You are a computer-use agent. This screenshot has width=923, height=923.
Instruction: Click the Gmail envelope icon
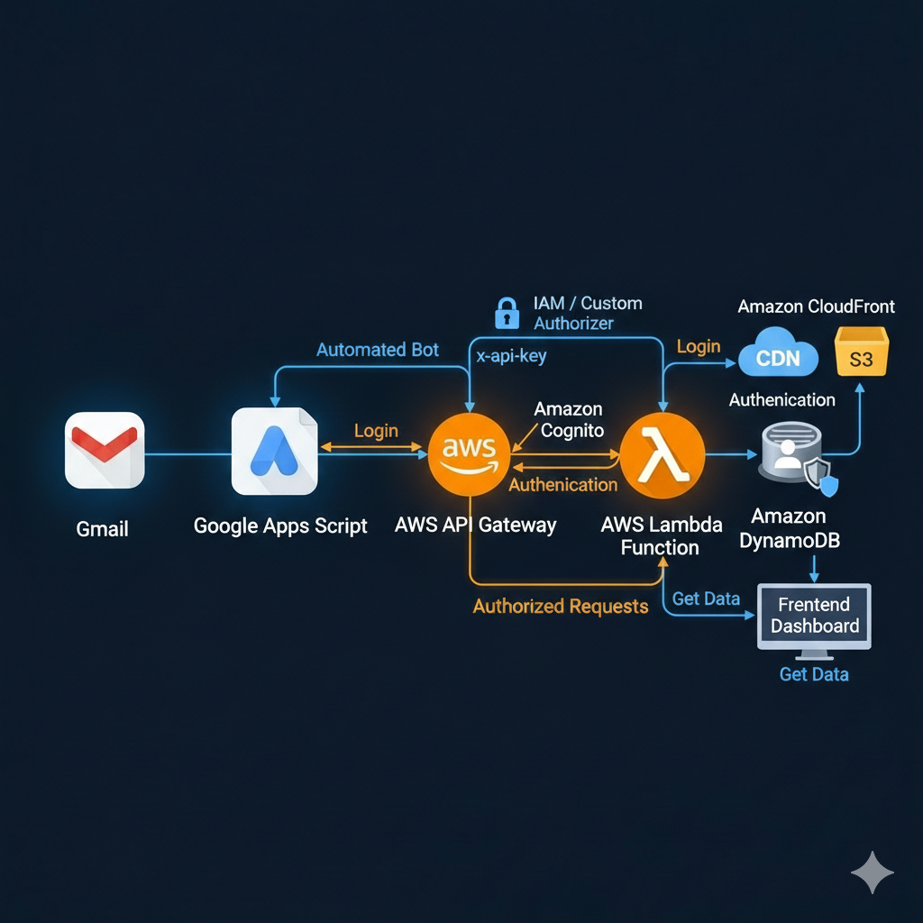click(x=105, y=450)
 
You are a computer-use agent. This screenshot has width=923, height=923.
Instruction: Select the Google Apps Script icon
click(x=274, y=451)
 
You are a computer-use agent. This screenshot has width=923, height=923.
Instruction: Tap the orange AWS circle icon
click(x=468, y=452)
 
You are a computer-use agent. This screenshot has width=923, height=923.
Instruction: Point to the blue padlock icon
click(x=507, y=313)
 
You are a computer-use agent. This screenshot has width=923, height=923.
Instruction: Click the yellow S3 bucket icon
click(x=861, y=352)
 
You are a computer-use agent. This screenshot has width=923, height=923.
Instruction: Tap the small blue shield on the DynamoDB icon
click(x=828, y=483)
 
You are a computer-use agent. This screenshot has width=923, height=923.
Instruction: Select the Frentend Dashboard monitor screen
click(x=814, y=616)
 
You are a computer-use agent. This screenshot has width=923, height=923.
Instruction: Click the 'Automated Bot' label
click(x=377, y=350)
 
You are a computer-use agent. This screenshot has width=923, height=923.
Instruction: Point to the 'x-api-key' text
click(x=511, y=356)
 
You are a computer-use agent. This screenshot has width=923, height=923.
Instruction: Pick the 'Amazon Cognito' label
click(x=568, y=420)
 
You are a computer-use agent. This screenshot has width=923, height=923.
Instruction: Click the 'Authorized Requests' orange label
click(x=560, y=607)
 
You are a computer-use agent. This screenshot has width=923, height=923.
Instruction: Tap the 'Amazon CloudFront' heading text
click(x=816, y=306)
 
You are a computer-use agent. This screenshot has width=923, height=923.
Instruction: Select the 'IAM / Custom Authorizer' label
click(x=587, y=313)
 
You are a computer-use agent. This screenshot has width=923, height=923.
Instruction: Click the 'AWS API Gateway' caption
click(x=475, y=525)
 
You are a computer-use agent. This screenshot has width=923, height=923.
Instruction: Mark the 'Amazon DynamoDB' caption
click(x=789, y=527)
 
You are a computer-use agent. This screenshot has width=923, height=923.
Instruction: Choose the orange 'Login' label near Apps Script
click(x=376, y=431)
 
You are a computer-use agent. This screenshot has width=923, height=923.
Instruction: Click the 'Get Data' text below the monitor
click(x=813, y=674)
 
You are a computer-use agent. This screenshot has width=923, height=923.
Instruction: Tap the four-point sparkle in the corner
click(x=872, y=873)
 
